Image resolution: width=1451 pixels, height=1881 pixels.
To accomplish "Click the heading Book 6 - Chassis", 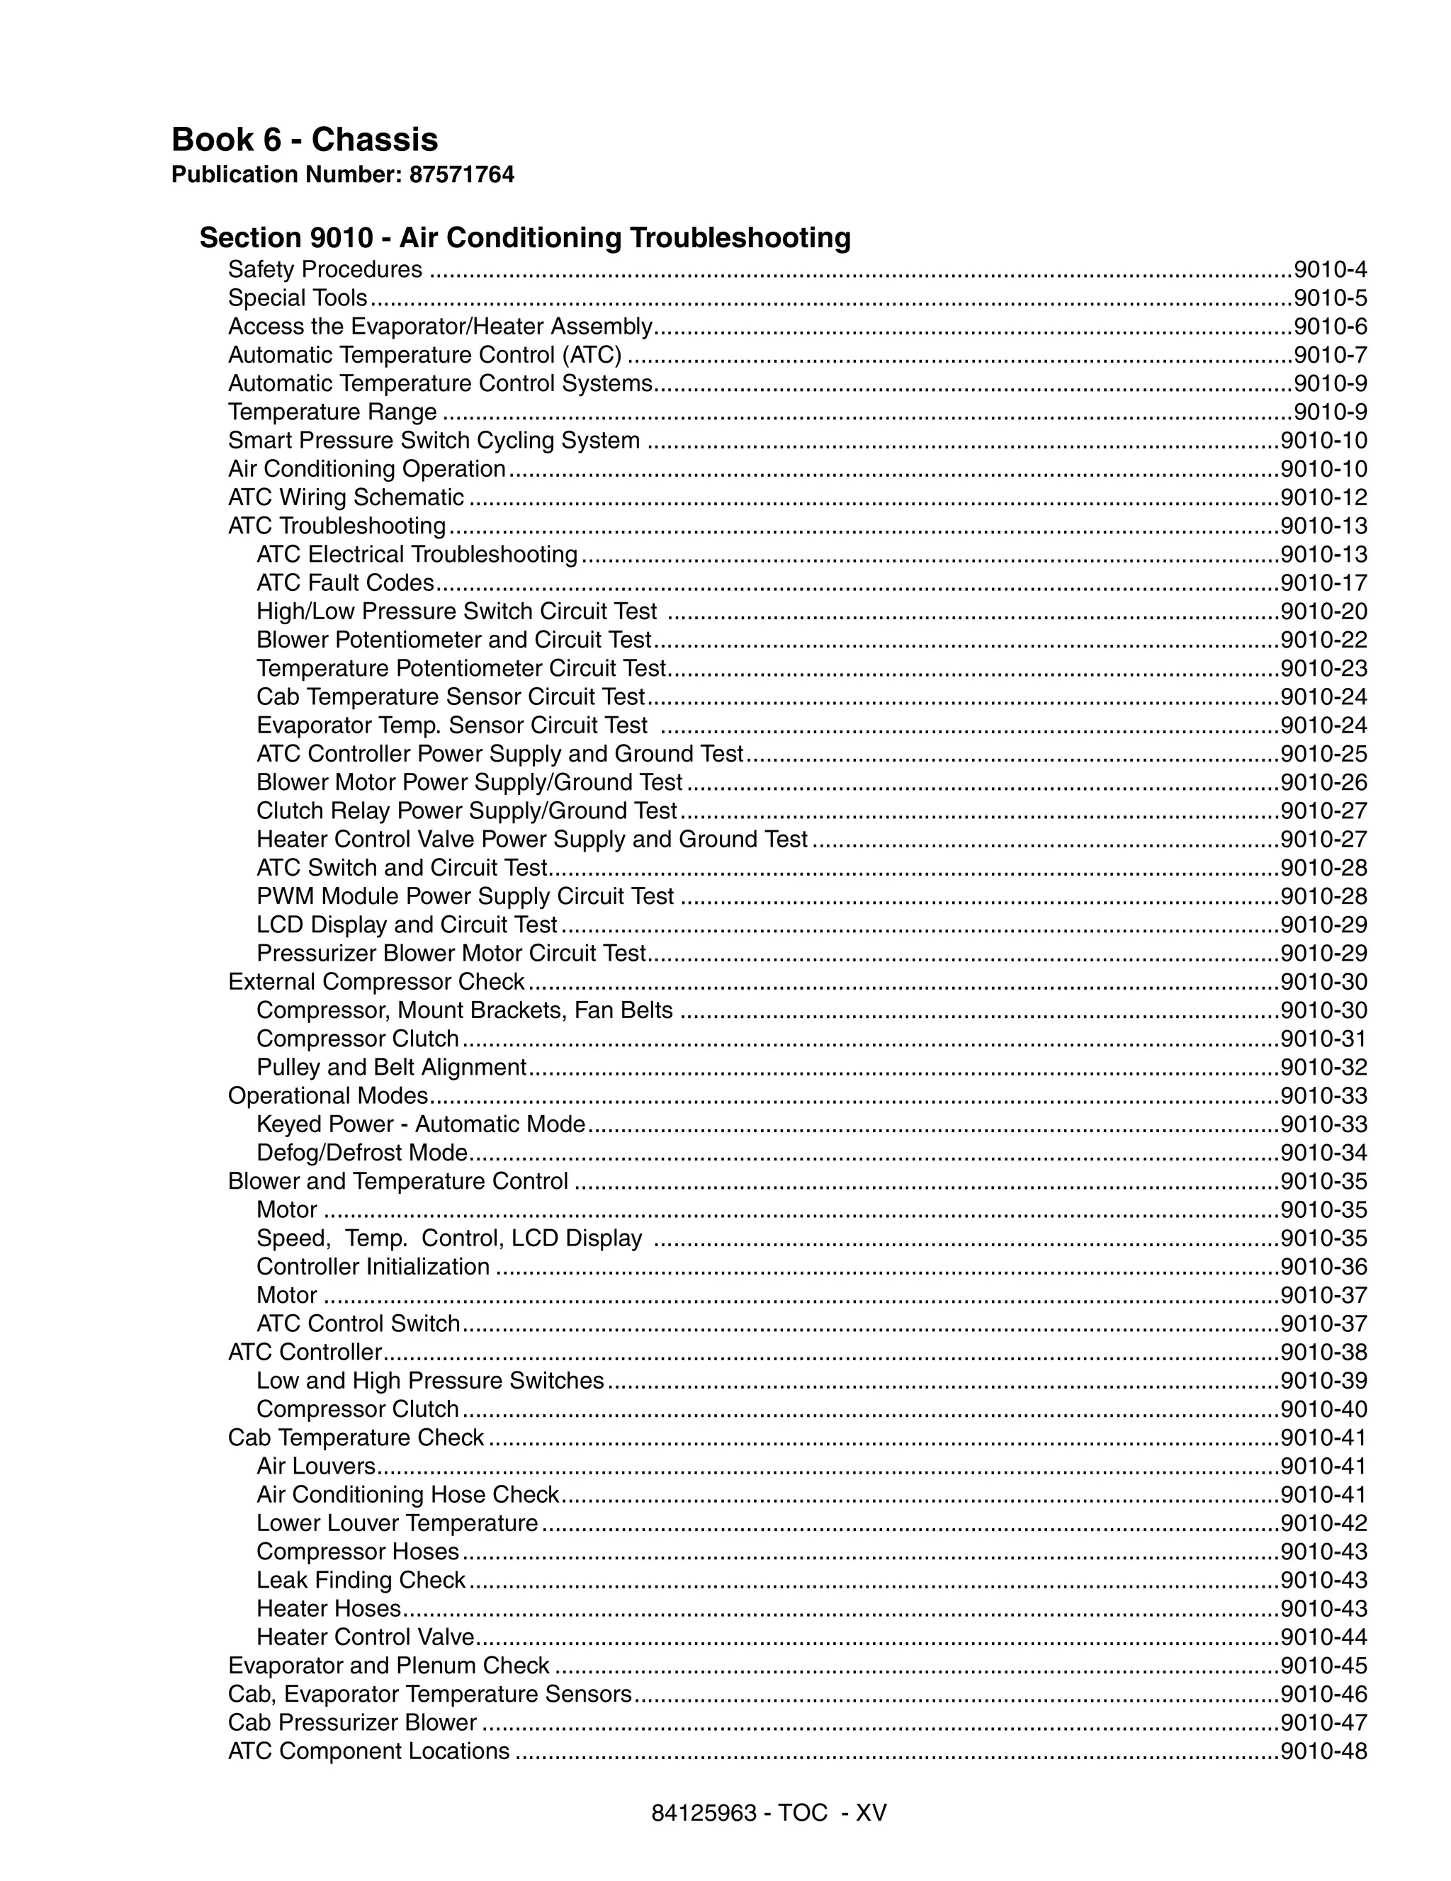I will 304,140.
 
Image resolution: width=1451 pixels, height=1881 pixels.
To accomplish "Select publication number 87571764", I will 461,175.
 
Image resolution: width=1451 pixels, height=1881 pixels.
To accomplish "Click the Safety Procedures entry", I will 324,270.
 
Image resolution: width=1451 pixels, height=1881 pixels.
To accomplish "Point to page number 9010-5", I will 1330,298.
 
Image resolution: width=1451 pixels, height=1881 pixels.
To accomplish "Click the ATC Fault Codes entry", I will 344,583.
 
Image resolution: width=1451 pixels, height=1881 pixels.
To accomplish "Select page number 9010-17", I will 1323,583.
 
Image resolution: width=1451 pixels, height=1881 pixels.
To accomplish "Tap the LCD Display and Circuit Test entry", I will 407,925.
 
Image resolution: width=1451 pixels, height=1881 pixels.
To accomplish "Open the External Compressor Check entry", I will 376,982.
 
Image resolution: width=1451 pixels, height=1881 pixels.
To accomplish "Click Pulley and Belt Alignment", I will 391,1067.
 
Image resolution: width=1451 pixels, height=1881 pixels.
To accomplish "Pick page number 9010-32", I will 1323,1067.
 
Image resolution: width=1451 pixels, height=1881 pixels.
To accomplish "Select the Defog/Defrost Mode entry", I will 361,1153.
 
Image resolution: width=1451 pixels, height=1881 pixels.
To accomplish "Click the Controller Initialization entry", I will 373,1267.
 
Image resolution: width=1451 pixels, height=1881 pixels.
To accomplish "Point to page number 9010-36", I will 1323,1267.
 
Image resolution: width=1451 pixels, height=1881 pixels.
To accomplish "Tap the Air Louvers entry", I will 316,1466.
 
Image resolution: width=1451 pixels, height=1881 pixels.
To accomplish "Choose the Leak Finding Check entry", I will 361,1581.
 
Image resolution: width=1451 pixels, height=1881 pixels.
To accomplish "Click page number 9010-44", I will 1323,1637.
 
